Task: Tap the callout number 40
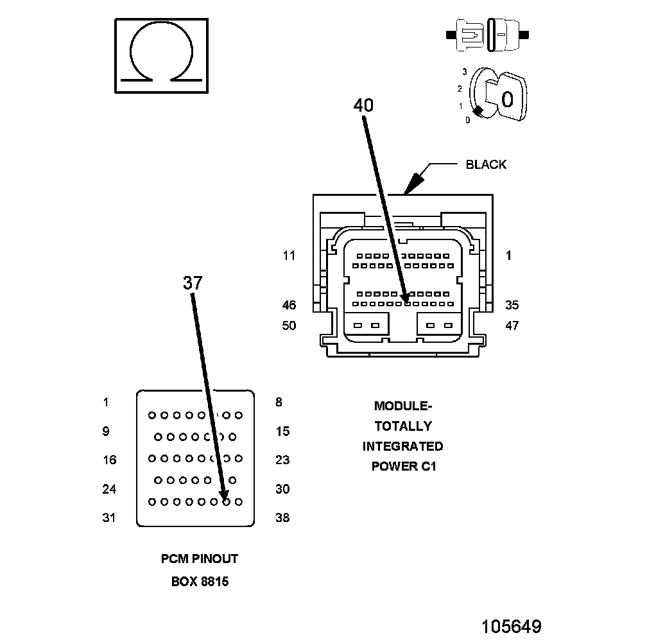[363, 105]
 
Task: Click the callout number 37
[193, 282]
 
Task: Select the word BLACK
[486, 164]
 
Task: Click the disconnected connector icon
[491, 33]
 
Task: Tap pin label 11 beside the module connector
[289, 256]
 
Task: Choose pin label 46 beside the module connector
[289, 306]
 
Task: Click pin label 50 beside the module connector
[289, 325]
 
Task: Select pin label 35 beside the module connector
[512, 306]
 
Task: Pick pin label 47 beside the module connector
[512, 325]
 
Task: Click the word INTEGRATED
[402, 446]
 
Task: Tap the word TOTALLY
[403, 426]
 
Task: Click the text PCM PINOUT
[199, 559]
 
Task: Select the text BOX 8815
[200, 582]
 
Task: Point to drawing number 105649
[512, 626]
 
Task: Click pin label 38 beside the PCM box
[282, 517]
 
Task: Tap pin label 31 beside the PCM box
[109, 517]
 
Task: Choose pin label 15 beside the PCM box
[282, 431]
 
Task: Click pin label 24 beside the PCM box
[109, 489]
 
